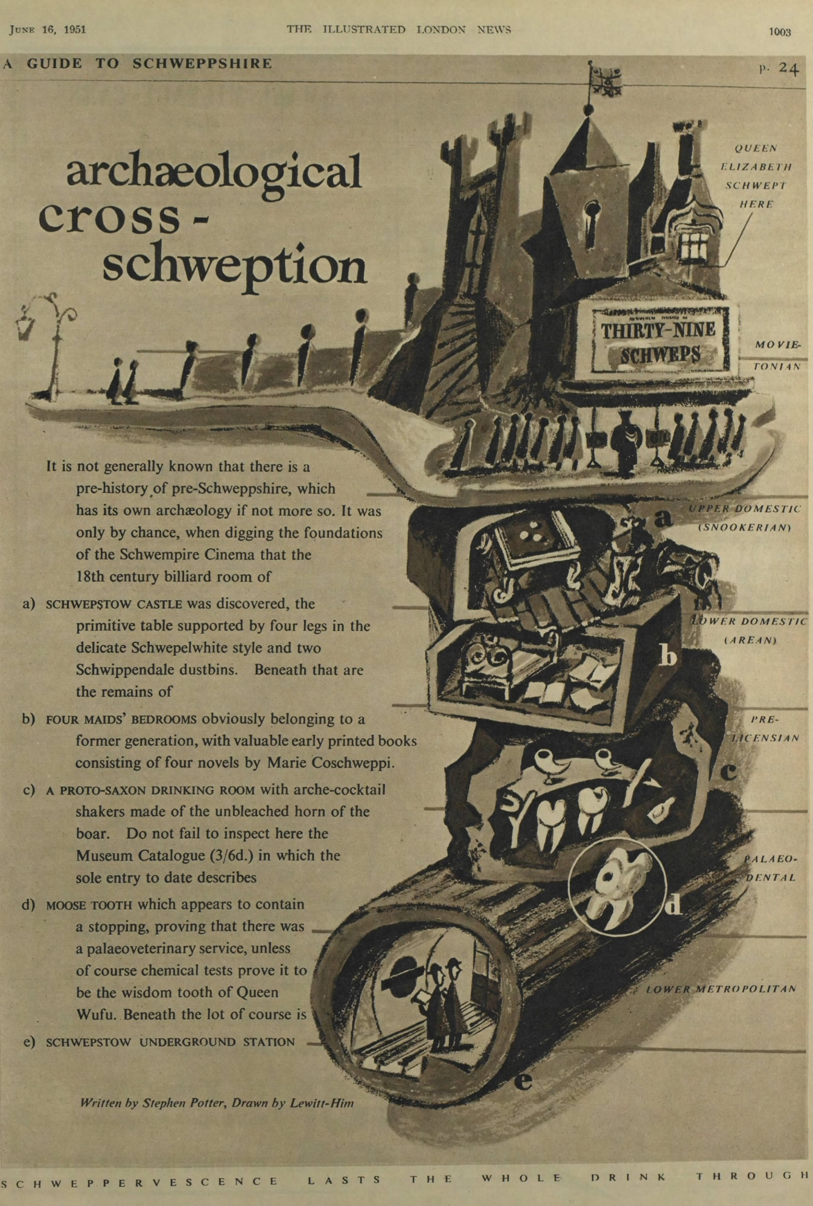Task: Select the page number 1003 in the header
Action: pos(780,32)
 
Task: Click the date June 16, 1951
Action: pos(48,30)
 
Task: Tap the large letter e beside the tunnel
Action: pos(523,1082)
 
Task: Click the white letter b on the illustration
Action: pos(668,655)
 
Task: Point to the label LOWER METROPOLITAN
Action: pos(721,989)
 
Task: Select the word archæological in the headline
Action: pos(214,172)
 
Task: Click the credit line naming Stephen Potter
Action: pos(217,1103)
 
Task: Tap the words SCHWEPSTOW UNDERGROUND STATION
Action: pos(170,1042)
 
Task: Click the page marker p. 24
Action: pos(779,68)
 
